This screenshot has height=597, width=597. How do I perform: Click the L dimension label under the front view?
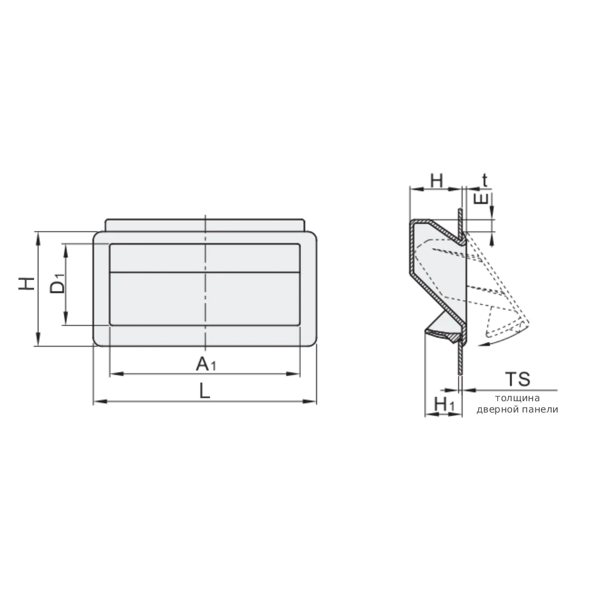click(x=205, y=391)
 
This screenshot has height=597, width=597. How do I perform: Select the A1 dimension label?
click(x=206, y=364)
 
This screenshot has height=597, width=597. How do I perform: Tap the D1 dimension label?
click(x=57, y=283)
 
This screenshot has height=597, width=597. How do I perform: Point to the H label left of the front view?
click(x=27, y=284)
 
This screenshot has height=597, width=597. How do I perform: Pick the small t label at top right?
click(x=485, y=180)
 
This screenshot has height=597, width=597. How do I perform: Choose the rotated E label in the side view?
click(x=481, y=198)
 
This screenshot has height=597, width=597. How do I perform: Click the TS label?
click(x=518, y=379)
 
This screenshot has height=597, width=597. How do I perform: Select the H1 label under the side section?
click(x=444, y=404)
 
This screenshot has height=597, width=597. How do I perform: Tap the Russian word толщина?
click(x=517, y=398)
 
